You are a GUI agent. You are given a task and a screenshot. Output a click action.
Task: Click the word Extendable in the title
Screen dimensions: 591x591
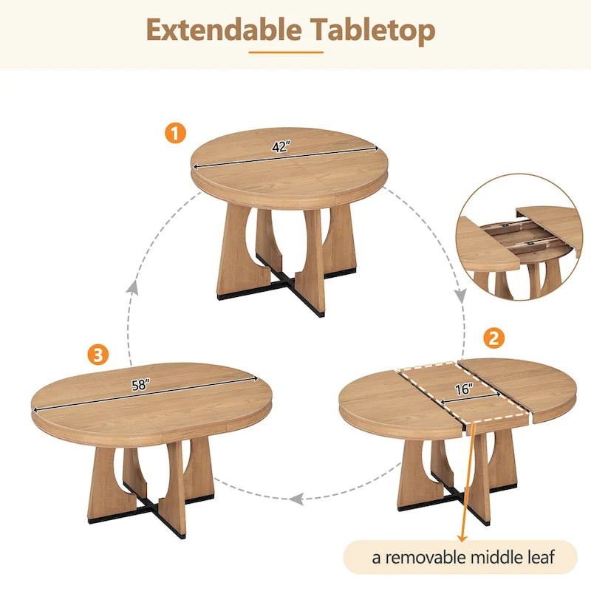tap(223, 30)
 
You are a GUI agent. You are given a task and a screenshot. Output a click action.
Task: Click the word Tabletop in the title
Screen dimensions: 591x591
tap(373, 30)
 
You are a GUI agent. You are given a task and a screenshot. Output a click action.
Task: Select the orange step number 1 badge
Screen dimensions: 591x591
tap(175, 134)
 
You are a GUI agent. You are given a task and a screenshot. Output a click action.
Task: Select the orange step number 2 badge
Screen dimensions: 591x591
tap(494, 338)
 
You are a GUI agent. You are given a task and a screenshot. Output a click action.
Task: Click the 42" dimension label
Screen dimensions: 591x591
tap(280, 147)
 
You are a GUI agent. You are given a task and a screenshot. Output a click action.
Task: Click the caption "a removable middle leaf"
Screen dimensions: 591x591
tap(463, 556)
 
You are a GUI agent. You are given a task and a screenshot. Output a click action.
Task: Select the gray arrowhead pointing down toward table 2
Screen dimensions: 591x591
tap(460, 295)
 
